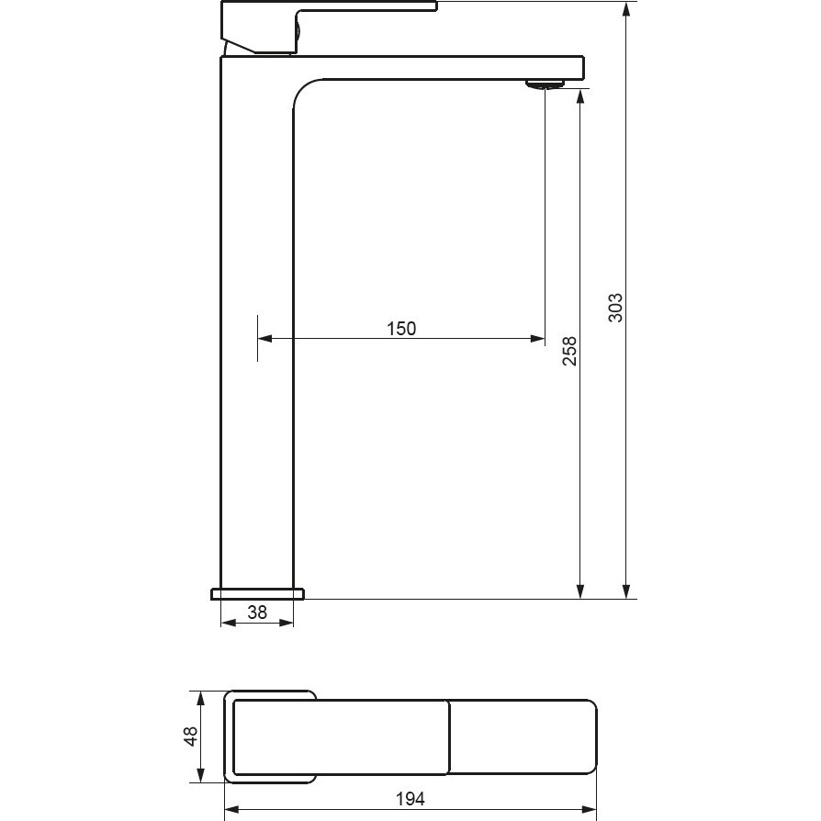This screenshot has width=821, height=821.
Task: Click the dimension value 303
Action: pyautogui.click(x=615, y=308)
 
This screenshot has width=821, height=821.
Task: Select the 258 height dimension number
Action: pyautogui.click(x=569, y=352)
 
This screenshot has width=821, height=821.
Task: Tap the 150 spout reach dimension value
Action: pyautogui.click(x=401, y=329)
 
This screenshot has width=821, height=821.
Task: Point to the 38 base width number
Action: pyautogui.click(x=257, y=613)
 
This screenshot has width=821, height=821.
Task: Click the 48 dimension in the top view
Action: pyautogui.click(x=191, y=737)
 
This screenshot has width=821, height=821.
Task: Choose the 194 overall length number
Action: pyautogui.click(x=410, y=799)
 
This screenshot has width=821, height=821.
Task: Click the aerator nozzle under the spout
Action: pyautogui.click(x=545, y=84)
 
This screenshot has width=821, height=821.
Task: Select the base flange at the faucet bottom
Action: pyautogui.click(x=257, y=594)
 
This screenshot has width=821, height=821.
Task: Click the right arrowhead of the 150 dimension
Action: pyautogui.click(x=538, y=339)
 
